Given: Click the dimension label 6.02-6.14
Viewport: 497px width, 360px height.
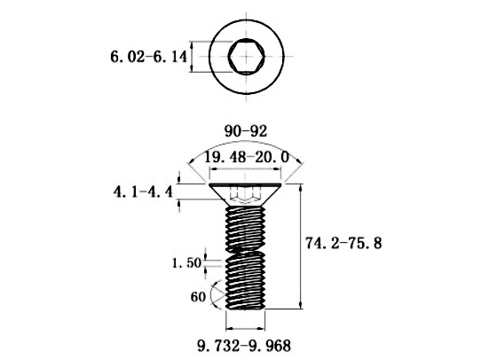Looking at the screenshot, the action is pyautogui.click(x=148, y=57).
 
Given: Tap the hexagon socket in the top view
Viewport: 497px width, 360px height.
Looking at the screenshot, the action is pyautogui.click(x=247, y=57).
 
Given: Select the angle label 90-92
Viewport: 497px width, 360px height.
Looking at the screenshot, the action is pyautogui.click(x=246, y=131).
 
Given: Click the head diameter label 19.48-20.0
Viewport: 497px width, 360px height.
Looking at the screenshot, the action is pyautogui.click(x=246, y=157).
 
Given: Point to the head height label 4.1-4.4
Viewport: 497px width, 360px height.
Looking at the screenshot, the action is pyautogui.click(x=143, y=192).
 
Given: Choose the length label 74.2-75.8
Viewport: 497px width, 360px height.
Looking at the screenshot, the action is pyautogui.click(x=343, y=243).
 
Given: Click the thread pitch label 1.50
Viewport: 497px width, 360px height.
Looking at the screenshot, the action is pyautogui.click(x=186, y=262).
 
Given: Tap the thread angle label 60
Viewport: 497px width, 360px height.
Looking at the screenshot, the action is pyautogui.click(x=198, y=297).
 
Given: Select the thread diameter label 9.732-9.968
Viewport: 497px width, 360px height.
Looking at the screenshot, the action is pyautogui.click(x=244, y=346).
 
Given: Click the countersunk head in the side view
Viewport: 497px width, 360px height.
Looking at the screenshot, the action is pyautogui.click(x=245, y=194).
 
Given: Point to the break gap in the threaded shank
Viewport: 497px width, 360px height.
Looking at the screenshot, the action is pyautogui.click(x=245, y=250).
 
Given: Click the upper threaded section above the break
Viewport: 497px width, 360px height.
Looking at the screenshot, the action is pyautogui.click(x=245, y=227).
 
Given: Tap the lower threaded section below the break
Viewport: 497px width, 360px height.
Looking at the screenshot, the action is pyautogui.click(x=245, y=280).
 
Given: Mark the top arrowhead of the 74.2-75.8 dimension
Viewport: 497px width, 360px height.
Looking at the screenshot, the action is pyautogui.click(x=301, y=187).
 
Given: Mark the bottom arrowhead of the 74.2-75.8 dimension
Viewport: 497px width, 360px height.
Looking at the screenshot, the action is pyautogui.click(x=301, y=305).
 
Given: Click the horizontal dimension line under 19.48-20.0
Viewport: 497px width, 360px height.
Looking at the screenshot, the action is pyautogui.click(x=245, y=169).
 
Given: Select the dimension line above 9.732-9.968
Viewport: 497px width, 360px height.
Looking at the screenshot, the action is pyautogui.click(x=245, y=328).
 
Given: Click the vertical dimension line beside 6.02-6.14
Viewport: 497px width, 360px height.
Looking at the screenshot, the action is pyautogui.click(x=191, y=57).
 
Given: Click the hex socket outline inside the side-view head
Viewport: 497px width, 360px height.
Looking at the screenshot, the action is pyautogui.click(x=245, y=194).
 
